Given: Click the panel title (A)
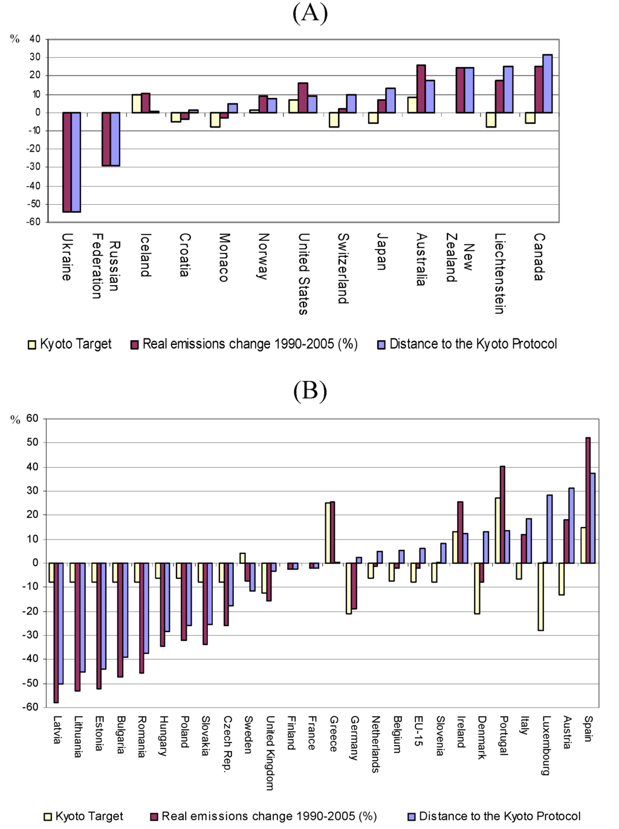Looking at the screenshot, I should [x=310, y=13].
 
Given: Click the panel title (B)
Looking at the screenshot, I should [x=310, y=391].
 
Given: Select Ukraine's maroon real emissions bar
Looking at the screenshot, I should [x=67, y=162].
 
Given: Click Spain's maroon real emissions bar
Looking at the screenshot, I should [x=588, y=500].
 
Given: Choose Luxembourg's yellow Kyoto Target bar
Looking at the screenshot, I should [x=540, y=597].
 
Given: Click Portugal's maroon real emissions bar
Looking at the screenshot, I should [x=502, y=515].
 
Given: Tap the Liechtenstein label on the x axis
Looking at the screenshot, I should [x=499, y=274].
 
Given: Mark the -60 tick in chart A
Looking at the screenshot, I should [x=34, y=222].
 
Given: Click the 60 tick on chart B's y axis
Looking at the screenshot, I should [x=32, y=418].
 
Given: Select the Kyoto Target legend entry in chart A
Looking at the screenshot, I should [x=70, y=344].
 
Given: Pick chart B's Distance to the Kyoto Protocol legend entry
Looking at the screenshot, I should [x=494, y=816].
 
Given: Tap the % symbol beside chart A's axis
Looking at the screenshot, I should [x=15, y=39].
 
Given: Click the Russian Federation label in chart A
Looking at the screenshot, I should [x=105, y=266].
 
